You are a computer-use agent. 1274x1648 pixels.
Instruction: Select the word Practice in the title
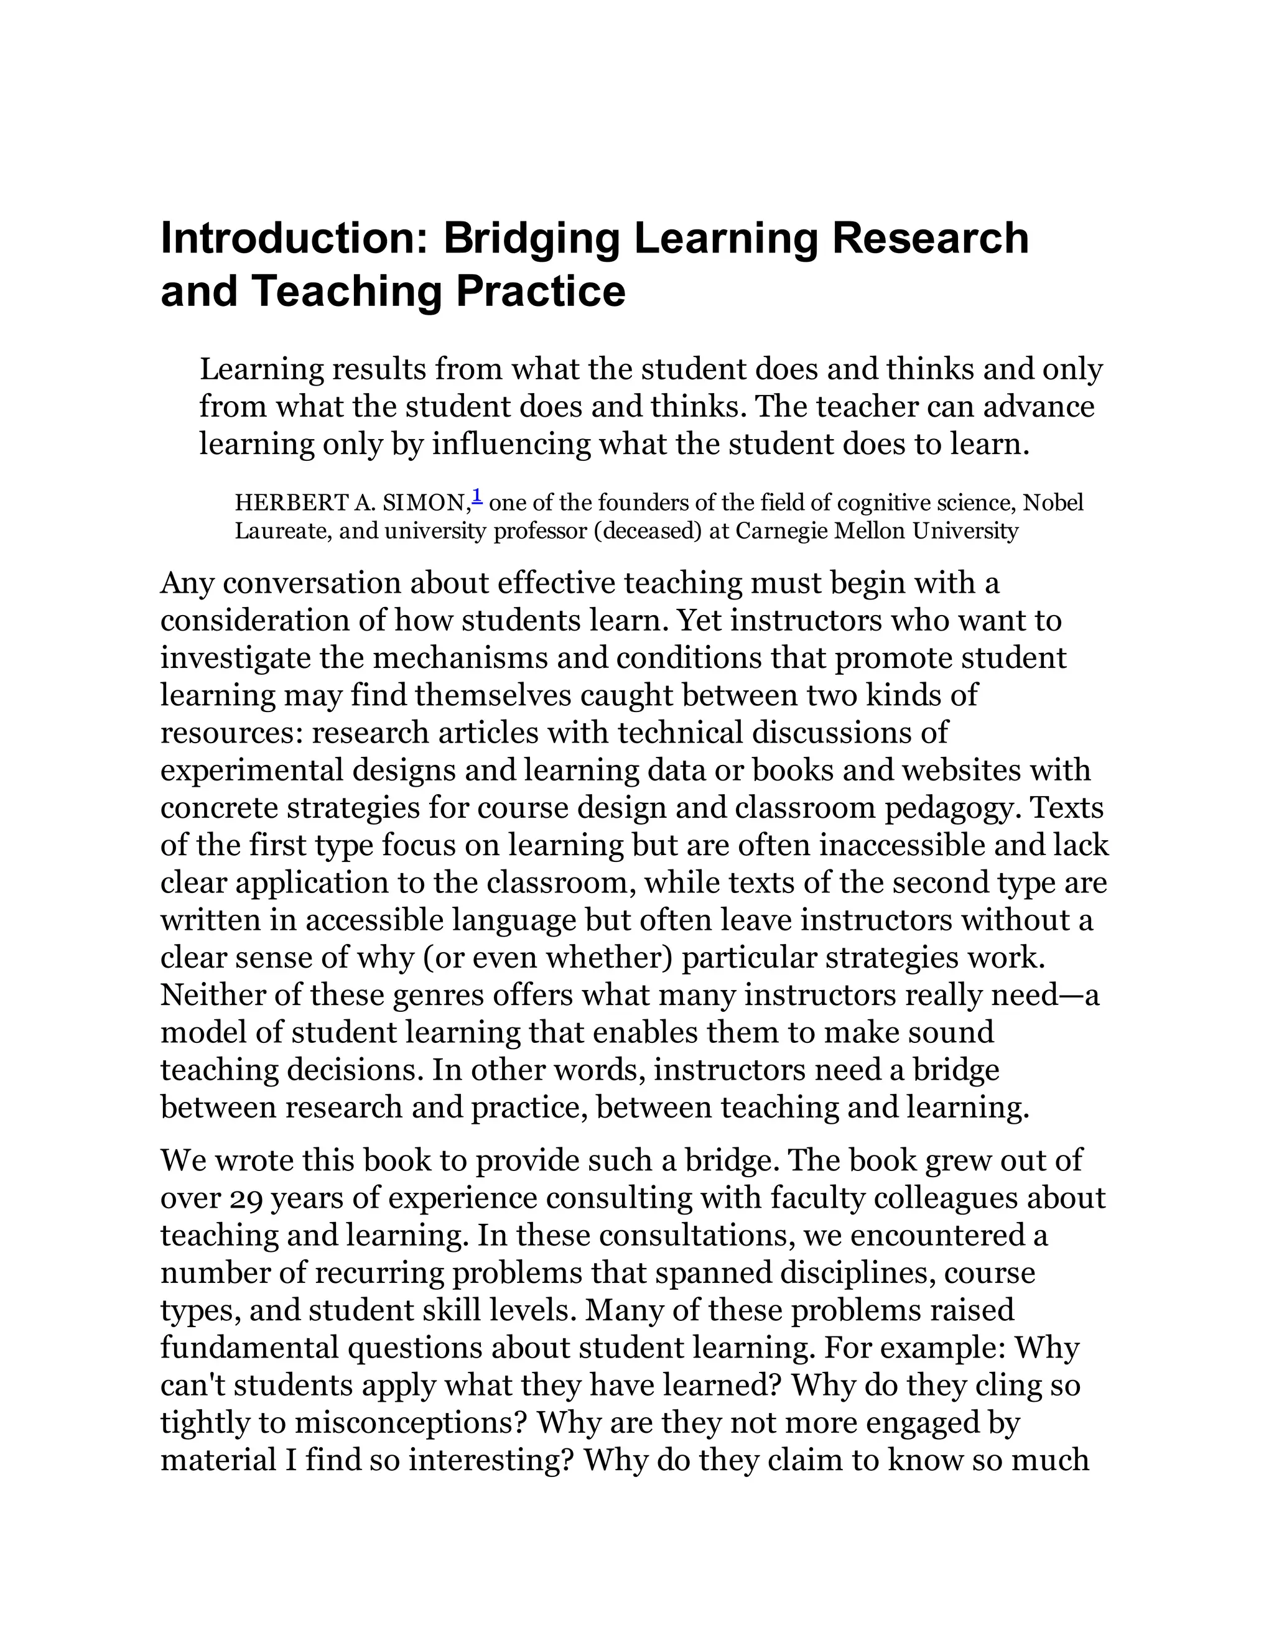click(x=541, y=292)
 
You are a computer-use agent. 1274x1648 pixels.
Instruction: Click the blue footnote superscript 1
click(x=477, y=496)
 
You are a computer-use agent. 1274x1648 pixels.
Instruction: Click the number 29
click(x=244, y=1198)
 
